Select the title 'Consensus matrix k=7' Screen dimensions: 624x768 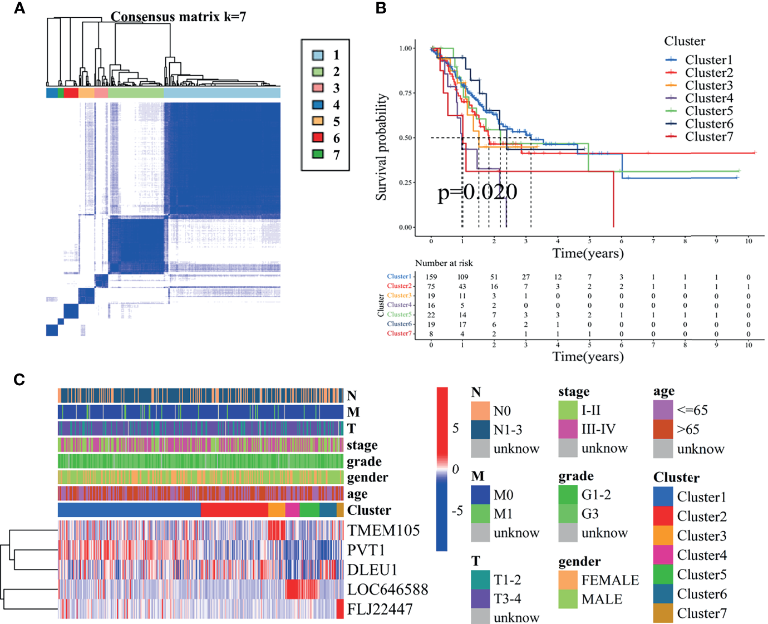tap(178, 17)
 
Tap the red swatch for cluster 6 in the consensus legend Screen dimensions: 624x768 tap(318, 137)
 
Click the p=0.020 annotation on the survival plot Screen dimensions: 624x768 tap(477, 192)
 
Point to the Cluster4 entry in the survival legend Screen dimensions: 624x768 tap(708, 99)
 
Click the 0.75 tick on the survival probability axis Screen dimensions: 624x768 tap(406, 93)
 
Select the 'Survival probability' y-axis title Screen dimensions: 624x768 tap(381, 147)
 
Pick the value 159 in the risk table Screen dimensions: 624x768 tap(431, 277)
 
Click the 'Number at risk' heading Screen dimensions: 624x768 tap(444, 263)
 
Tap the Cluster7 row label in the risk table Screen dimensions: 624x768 tap(399, 333)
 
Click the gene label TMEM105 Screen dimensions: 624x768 tap(383, 530)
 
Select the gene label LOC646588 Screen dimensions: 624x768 tap(387, 589)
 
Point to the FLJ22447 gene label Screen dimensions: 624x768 tap(380, 610)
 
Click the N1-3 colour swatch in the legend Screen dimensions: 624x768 tap(480, 430)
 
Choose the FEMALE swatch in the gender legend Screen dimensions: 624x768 tap(568, 580)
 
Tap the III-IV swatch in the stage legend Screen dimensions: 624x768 tap(568, 429)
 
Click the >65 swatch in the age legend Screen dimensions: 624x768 tap(663, 429)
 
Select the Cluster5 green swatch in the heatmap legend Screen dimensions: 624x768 tap(663, 574)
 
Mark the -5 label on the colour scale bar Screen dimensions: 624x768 tap(457, 511)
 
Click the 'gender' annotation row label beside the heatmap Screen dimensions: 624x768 tap(367, 478)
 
